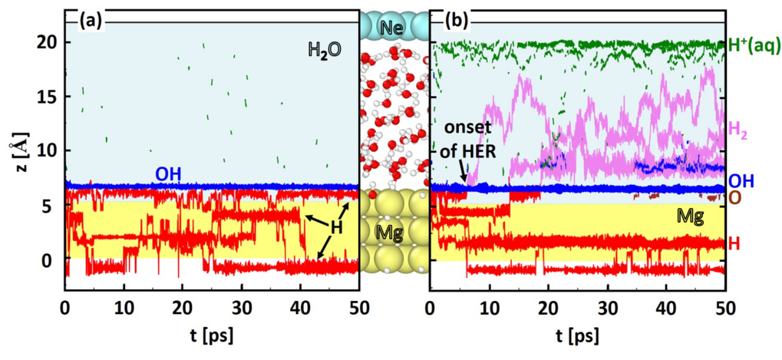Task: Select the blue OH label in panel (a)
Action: (x=168, y=174)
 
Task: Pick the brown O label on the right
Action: (x=734, y=198)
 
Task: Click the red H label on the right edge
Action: (x=734, y=243)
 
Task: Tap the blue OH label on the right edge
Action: (x=741, y=181)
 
